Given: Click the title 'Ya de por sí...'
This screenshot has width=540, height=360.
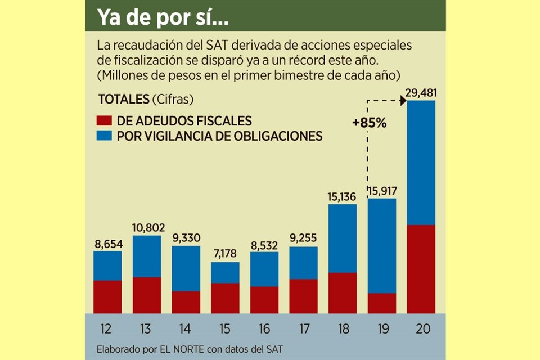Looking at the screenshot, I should coord(163,17).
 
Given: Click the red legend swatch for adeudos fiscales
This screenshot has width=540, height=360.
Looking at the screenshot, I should coord(105,120).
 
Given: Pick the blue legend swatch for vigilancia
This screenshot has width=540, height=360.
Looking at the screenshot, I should coord(105,136).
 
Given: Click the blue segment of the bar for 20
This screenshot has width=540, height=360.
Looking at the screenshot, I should coord(421,163).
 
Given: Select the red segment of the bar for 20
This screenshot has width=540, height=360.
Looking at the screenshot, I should coord(421,269).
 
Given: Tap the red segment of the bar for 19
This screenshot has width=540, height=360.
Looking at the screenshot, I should coord(382,303).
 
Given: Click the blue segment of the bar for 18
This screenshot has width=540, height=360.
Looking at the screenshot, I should coord(343,238).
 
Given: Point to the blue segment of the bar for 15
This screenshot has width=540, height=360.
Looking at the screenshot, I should coord(225,272).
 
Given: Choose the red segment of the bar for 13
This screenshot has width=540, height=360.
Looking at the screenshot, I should coord(147,295).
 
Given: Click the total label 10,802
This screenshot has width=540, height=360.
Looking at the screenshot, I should coord(147,228).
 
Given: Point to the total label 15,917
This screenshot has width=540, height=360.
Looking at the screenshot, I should coord(382,191).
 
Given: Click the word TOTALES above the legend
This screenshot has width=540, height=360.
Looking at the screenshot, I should coord(123,100).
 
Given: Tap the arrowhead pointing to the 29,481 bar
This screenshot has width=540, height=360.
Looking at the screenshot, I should coord(403,101).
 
